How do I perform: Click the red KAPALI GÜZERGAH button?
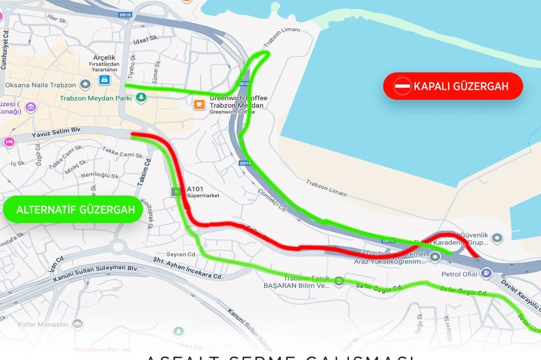pos(453,86)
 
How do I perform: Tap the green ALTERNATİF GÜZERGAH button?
pos(72,210)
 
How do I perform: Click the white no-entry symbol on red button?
pos(403,86)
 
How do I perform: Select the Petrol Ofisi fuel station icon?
pos(486,273)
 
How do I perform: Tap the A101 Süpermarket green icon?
pos(174,192)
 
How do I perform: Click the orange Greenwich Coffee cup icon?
pos(199,104)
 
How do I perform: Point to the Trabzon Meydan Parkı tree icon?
pos(141,97)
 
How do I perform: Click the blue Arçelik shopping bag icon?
pos(104,80)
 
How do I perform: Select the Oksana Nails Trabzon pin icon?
pos(85,84)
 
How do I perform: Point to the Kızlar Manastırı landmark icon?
pos(78,323)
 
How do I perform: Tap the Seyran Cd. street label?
pos(181,254)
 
